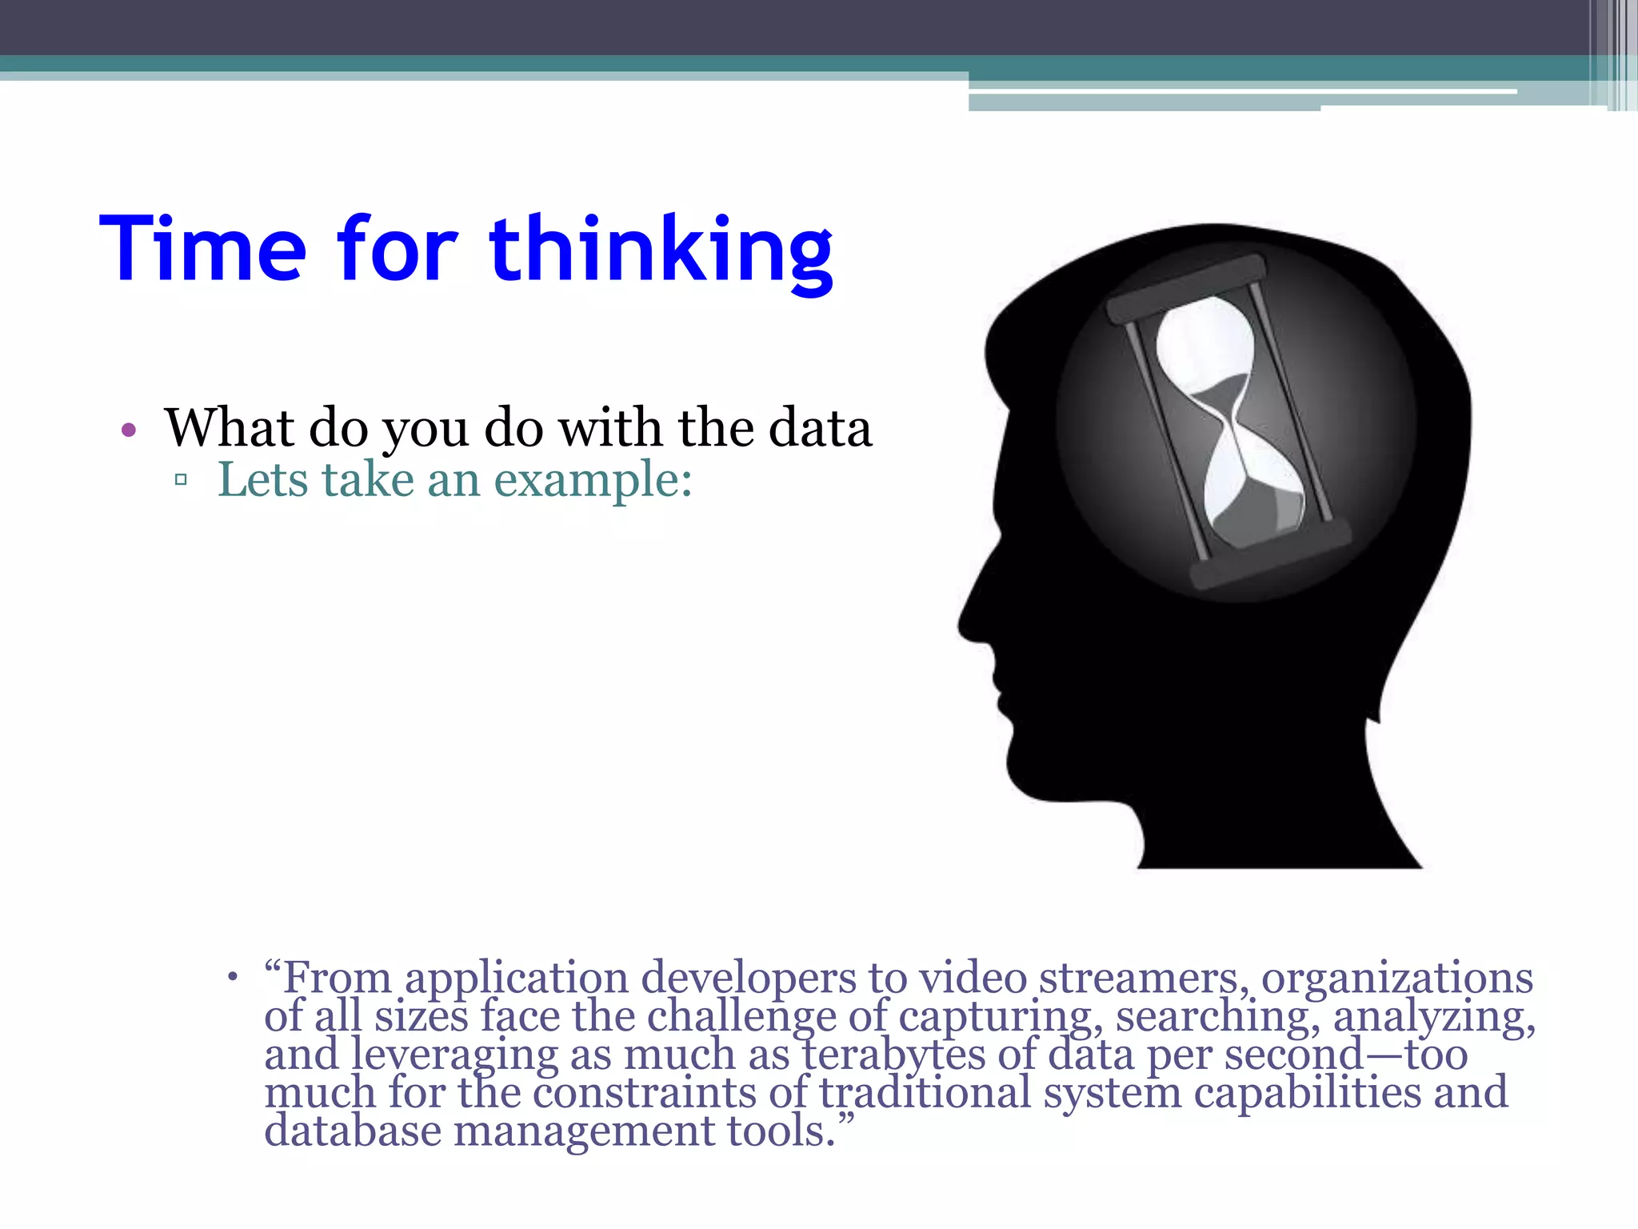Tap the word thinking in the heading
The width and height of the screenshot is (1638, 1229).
pyautogui.click(x=661, y=250)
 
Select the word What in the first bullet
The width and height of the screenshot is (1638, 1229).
pyautogui.click(x=230, y=428)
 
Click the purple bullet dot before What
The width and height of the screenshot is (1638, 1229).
pyautogui.click(x=129, y=430)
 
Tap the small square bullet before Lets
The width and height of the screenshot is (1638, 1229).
pyautogui.click(x=181, y=480)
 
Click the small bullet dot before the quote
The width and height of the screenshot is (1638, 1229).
pyautogui.click(x=233, y=977)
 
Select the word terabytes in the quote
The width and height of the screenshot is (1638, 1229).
pyautogui.click(x=893, y=1055)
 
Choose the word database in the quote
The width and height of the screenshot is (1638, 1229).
pyautogui.click(x=353, y=1131)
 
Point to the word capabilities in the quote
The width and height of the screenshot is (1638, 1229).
pyautogui.click(x=1307, y=1093)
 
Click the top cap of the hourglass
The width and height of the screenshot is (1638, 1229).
pyautogui.click(x=1185, y=289)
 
